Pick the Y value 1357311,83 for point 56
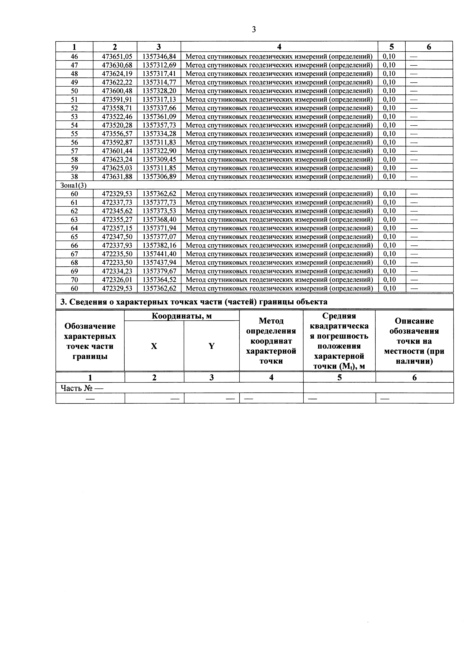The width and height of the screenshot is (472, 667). [159, 142]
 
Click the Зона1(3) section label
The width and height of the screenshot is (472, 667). [73, 185]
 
